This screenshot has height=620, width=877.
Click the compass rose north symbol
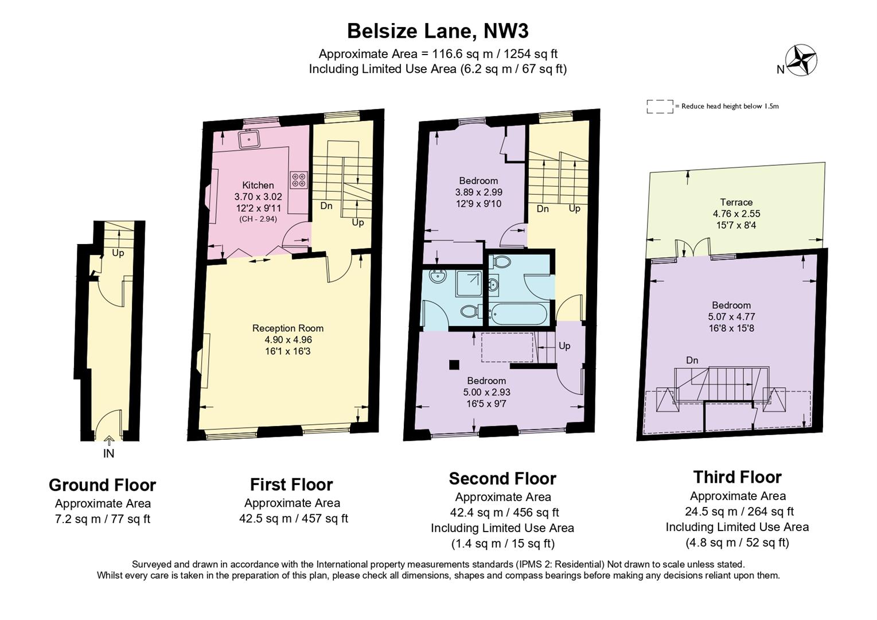(x=801, y=60)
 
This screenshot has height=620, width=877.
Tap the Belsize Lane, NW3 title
(x=438, y=30)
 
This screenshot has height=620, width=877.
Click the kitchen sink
(x=250, y=138)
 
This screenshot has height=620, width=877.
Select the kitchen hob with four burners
(x=298, y=180)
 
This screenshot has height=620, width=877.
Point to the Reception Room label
(x=288, y=328)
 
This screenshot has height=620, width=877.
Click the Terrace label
(x=736, y=202)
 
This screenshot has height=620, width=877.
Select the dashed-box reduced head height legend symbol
(x=660, y=106)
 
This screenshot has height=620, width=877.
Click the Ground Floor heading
(x=102, y=485)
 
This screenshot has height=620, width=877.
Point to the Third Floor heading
(x=737, y=477)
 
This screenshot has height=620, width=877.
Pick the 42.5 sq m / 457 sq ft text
(x=293, y=518)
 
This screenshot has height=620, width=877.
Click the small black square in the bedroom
(x=454, y=364)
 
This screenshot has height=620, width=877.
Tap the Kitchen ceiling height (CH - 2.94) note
(x=258, y=219)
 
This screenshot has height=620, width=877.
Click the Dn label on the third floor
(x=692, y=361)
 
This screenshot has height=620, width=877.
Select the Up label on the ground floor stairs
(x=118, y=253)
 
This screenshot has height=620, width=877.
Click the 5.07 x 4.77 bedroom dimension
(x=731, y=316)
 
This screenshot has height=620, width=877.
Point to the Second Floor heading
(x=502, y=478)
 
